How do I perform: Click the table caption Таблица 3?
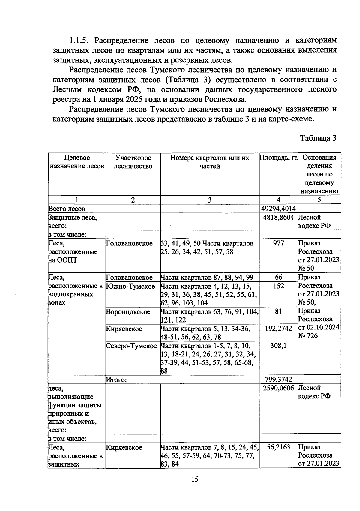tap(318, 138)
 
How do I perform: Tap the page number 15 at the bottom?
tap(195, 479)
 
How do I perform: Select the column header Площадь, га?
tap(278, 158)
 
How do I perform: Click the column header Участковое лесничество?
tap(133, 162)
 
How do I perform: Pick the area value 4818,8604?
tap(278, 218)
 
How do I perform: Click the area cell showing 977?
tap(278, 243)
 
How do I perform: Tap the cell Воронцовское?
tap(128, 312)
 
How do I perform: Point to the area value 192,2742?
tap(278, 329)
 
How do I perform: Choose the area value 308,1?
tap(278, 346)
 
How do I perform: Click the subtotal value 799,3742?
tap(278, 380)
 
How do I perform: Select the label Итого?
tap(116, 380)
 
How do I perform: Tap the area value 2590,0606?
tap(278, 388)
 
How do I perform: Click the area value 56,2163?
tap(278, 447)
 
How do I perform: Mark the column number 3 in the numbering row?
tap(209, 200)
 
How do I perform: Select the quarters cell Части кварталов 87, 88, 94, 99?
tap(207, 278)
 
